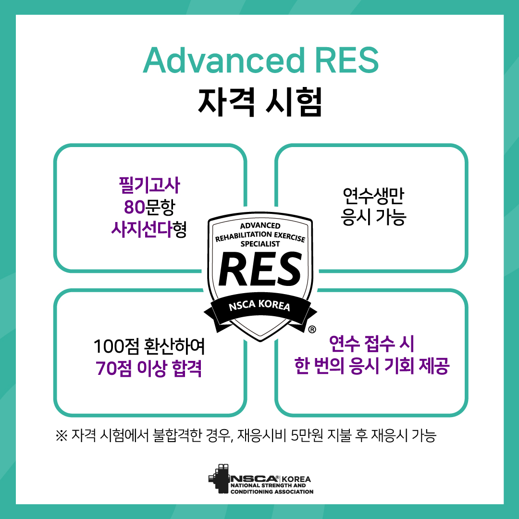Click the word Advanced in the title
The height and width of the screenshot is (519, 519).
click(x=223, y=60)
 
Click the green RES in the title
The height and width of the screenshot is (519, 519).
click(x=346, y=60)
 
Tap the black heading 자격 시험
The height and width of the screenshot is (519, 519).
click(x=260, y=101)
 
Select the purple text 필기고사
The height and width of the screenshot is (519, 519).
click(x=149, y=185)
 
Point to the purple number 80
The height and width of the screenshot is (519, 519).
click(x=135, y=207)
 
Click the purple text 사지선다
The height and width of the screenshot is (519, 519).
click(x=142, y=229)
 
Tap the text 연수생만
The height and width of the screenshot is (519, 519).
click(x=373, y=196)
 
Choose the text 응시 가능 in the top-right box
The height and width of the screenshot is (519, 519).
click(x=373, y=218)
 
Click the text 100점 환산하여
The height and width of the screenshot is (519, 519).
click(x=149, y=346)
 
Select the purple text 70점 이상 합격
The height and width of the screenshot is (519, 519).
click(x=148, y=369)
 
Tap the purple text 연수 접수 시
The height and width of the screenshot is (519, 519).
click(x=371, y=344)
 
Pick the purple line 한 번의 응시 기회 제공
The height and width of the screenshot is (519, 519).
click(x=371, y=366)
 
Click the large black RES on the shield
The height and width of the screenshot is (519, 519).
click(x=260, y=269)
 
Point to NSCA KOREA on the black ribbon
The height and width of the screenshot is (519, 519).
click(x=259, y=305)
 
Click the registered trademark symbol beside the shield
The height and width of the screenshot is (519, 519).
click(x=312, y=329)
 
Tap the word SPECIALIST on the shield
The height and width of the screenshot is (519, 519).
click(x=260, y=244)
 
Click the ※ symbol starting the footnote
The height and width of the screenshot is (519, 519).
click(x=62, y=435)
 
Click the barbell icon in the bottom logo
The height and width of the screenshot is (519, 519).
click(x=219, y=478)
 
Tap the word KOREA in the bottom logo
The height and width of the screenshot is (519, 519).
click(x=296, y=479)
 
